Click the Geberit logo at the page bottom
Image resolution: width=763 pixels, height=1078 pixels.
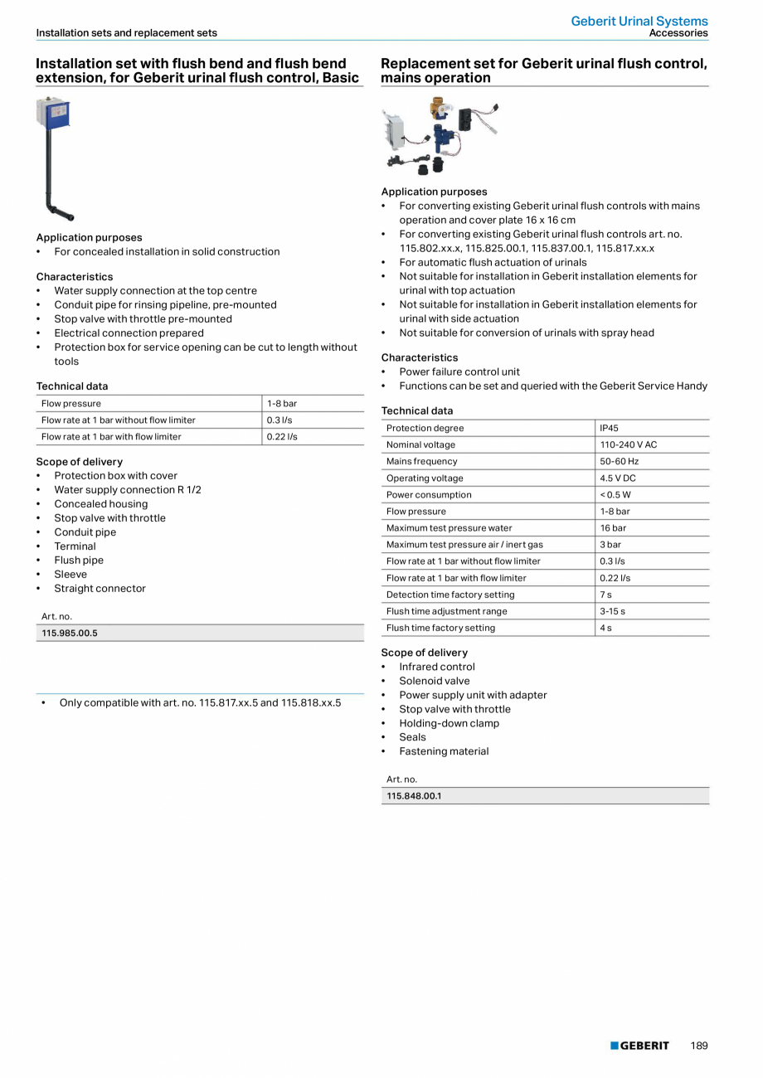639,1046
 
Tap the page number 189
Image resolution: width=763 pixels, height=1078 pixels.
699,1046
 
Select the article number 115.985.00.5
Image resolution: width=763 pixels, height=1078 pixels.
70,633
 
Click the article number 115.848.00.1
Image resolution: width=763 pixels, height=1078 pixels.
414,796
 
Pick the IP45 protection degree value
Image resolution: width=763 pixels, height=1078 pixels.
609,428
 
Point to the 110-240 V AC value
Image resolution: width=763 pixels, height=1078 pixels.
628,444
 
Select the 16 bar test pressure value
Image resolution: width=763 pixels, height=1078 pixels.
613,528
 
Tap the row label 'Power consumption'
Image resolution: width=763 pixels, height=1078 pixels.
429,495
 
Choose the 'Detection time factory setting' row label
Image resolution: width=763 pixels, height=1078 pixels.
450,595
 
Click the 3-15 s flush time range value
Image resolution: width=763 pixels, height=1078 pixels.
613,611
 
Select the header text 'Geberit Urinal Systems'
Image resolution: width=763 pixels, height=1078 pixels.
639,21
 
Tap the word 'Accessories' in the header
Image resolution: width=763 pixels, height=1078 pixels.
678,33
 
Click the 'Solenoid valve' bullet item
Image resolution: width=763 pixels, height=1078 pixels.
434,681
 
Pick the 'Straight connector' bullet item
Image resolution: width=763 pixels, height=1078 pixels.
100,589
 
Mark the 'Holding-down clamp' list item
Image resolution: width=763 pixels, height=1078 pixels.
449,723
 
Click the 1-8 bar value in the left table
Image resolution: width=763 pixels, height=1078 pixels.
282,404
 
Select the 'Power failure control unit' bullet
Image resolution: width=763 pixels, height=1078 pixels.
459,371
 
